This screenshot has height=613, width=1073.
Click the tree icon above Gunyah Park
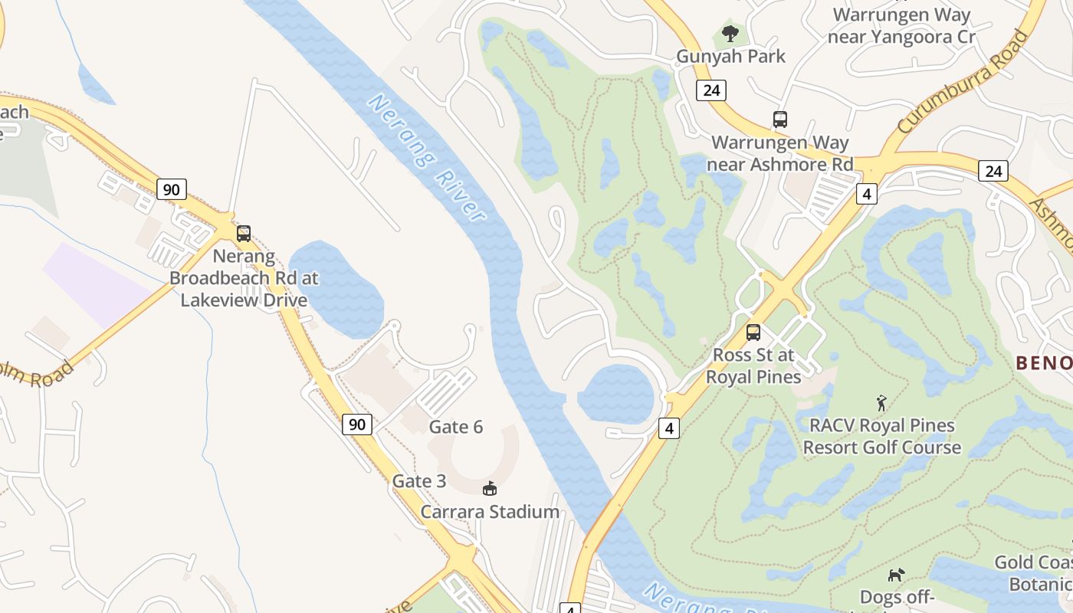[x=730, y=33]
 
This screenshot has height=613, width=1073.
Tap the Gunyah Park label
[x=730, y=56]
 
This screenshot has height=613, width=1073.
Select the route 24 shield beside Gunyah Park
[x=711, y=90]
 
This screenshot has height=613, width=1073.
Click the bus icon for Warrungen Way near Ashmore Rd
[x=779, y=120]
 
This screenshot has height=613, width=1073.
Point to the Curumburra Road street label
[x=961, y=82]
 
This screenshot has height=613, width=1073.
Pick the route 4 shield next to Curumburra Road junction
[x=867, y=194]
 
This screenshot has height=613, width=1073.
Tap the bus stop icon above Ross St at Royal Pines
[x=753, y=333]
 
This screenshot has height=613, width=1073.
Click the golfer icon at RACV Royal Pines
[x=881, y=403]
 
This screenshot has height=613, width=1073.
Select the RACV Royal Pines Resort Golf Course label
[x=881, y=436]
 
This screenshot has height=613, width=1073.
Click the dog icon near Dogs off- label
[x=895, y=575]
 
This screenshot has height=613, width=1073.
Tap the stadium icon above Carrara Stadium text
[x=490, y=488]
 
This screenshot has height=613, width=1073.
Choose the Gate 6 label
[x=456, y=427]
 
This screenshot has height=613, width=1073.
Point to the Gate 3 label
[x=419, y=481]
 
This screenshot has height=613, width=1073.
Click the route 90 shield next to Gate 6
[x=357, y=424]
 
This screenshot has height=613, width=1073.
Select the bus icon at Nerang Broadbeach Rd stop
[x=244, y=234]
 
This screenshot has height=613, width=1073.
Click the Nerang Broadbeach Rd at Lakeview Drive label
[x=244, y=277]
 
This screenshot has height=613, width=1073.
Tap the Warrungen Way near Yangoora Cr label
[x=902, y=25]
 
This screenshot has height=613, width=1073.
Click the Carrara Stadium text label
[x=490, y=512]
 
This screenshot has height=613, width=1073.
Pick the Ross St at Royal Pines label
[x=753, y=366]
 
